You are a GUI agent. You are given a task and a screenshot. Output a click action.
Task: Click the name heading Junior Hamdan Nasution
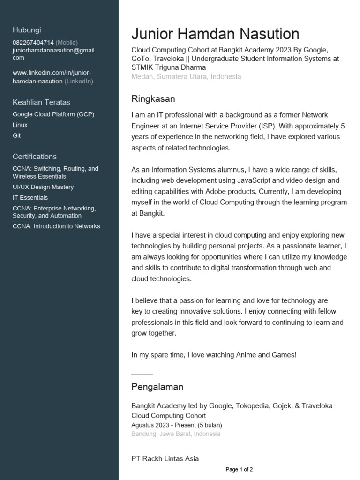pyautogui.click(x=215, y=34)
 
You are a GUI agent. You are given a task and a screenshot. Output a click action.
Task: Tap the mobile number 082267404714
pyautogui.click(x=33, y=42)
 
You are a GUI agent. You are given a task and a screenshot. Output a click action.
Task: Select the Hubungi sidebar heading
pyautogui.click(x=26, y=30)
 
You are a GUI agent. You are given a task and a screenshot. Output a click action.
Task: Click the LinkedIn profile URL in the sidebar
pyautogui.click(x=52, y=77)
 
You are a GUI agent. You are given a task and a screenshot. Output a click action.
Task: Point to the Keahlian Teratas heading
pyautogui.click(x=41, y=102)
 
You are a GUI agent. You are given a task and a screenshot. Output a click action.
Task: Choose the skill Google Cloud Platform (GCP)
pyautogui.click(x=53, y=114)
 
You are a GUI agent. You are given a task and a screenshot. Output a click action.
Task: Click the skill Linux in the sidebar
pyautogui.click(x=20, y=125)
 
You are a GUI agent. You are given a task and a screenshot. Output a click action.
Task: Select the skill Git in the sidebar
pyautogui.click(x=17, y=136)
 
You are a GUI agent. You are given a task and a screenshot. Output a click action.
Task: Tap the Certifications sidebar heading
pyautogui.click(x=35, y=157)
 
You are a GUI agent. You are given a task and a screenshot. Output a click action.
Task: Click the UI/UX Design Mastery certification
pyautogui.click(x=43, y=187)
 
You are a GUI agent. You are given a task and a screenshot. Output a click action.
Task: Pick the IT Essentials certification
pyautogui.click(x=30, y=198)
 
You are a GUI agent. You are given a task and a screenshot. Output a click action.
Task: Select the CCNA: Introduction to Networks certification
pyautogui.click(x=56, y=226)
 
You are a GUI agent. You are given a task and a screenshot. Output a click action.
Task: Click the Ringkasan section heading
pyautogui.click(x=153, y=99)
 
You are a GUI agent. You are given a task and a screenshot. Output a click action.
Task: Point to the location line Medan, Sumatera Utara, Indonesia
pyautogui.click(x=186, y=76)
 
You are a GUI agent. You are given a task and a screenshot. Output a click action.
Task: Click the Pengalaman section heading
pyautogui.click(x=157, y=387)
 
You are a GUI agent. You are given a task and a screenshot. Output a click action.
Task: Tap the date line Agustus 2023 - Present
pyautogui.click(x=177, y=425)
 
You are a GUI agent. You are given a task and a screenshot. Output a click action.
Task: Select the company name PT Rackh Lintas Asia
pyautogui.click(x=165, y=458)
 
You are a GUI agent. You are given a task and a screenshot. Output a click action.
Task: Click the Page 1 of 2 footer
pyautogui.click(x=239, y=469)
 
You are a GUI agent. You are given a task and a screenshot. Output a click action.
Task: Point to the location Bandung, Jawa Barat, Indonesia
pyautogui.click(x=176, y=434)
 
